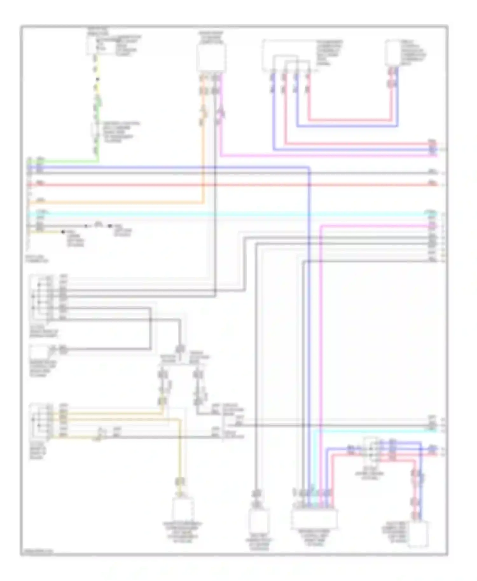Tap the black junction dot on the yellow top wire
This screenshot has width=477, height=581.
(x=98, y=79)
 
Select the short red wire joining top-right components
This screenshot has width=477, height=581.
(x=350, y=120)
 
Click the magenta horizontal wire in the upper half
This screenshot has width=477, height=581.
(x=318, y=155)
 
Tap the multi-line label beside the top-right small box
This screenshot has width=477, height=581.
(x=413, y=53)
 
